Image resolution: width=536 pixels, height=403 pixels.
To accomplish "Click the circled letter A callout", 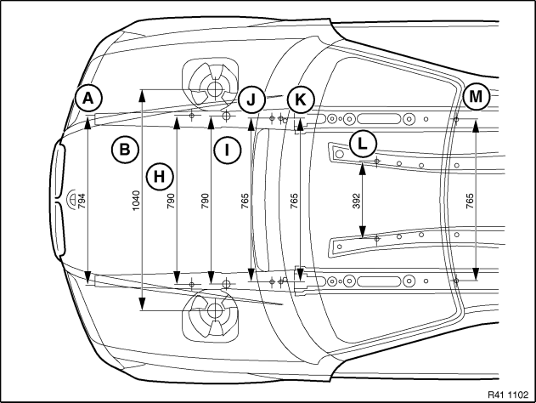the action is (x=88, y=98).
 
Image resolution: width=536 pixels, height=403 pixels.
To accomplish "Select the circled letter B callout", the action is (x=125, y=150).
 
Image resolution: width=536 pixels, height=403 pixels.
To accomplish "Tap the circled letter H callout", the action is (x=160, y=177).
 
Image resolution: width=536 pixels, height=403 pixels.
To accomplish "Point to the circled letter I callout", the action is (x=228, y=150).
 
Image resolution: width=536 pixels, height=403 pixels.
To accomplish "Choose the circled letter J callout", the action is (x=251, y=99).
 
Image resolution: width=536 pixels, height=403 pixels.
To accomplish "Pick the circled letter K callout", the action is (x=301, y=99).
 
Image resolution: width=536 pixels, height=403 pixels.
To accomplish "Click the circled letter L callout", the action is (x=363, y=144).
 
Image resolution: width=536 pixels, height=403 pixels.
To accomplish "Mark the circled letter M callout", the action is (x=477, y=97).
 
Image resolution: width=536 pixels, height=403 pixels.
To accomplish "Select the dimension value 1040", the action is (x=136, y=201).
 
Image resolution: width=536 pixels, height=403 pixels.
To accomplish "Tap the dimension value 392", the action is (x=357, y=201).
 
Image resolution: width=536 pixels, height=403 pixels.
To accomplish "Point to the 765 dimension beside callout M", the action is (x=470, y=201).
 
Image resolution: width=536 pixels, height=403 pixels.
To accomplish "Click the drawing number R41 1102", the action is (x=508, y=394).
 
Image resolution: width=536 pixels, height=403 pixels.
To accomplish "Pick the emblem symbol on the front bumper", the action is (x=72, y=198).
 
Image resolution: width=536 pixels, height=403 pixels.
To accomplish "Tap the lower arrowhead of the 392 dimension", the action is (x=363, y=231).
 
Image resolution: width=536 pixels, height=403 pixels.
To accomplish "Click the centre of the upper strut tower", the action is (x=215, y=88).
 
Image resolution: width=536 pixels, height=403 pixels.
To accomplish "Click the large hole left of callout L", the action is (x=339, y=154).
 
